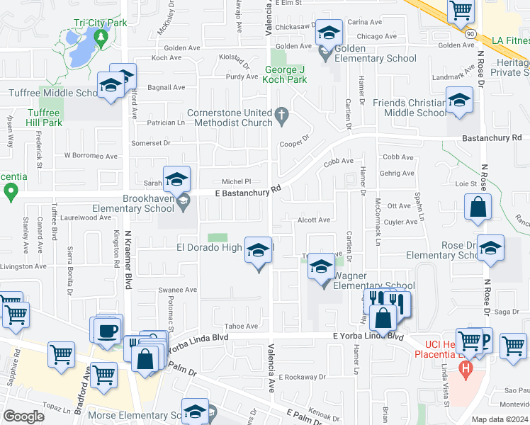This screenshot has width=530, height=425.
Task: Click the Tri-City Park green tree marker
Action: point(100,37)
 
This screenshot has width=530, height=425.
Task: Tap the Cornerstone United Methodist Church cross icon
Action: point(281,114)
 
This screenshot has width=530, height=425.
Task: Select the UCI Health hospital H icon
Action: point(465,368)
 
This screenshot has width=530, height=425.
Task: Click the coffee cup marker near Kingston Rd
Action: point(107,331)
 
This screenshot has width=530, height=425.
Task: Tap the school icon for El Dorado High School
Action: point(259,251)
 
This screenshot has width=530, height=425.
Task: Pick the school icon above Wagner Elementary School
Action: point(322,268)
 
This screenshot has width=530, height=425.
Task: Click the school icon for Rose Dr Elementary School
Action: point(490,249)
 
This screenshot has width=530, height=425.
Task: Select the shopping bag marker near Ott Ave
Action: point(478,208)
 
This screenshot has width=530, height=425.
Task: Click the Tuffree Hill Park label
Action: point(34,118)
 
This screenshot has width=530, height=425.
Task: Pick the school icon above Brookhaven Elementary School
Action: point(176,180)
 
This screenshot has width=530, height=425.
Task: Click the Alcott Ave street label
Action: point(314,220)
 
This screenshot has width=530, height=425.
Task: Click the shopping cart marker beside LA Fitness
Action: point(461,11)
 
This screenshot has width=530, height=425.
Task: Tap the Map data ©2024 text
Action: point(499,419)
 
